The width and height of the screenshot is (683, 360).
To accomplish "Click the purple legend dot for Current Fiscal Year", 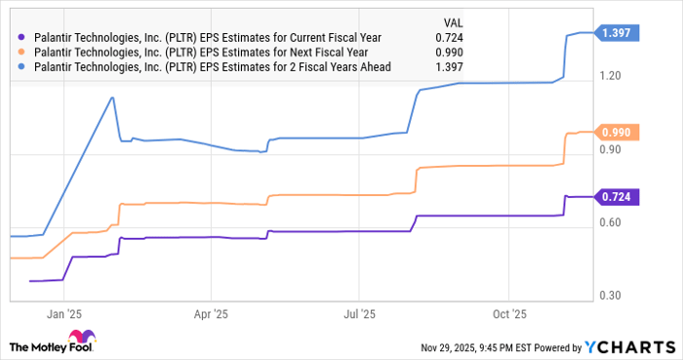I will (21, 37).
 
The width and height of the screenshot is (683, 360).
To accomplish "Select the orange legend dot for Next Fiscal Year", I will (21, 52).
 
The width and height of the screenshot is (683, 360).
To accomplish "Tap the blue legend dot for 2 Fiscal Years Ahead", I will (21, 66).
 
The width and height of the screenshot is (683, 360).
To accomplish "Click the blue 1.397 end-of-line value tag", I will (621, 33).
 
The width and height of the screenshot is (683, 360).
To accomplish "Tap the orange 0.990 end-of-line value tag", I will (621, 132).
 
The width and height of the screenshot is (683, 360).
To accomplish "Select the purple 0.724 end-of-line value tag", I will (621, 197).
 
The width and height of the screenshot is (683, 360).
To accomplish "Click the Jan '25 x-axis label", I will (62, 314).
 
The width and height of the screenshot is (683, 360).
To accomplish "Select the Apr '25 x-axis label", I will (211, 314).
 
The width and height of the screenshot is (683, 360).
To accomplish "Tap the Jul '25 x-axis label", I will (360, 314).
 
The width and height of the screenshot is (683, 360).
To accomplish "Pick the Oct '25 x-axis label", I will (508, 314).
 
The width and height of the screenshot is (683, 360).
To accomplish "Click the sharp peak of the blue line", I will (112, 98).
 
